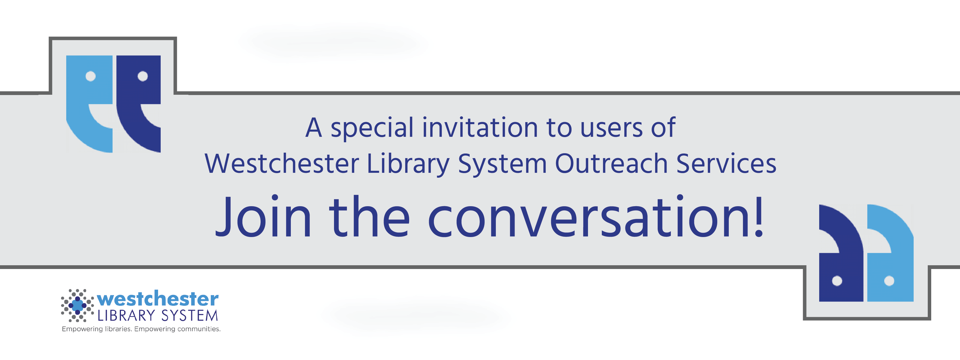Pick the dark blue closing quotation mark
point(841,253)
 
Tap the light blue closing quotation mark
point(890,253)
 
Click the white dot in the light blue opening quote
point(91,76)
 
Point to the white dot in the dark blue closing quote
point(837,281)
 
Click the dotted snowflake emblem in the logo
point(77,306)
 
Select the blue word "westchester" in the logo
point(158,299)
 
